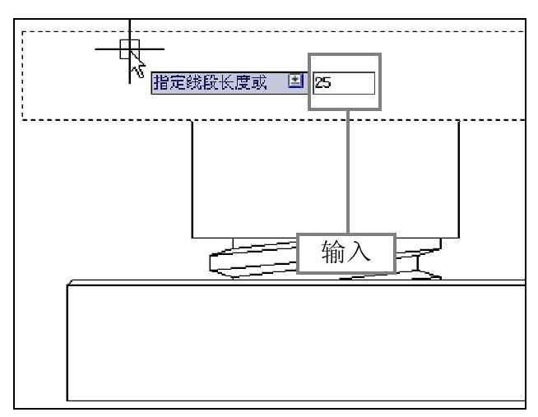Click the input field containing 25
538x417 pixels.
click(x=344, y=83)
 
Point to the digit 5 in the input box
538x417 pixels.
click(x=326, y=82)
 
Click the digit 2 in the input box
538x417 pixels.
click(x=318, y=82)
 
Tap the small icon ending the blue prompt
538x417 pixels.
click(x=295, y=81)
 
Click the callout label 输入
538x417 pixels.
click(x=346, y=253)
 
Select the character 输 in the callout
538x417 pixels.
click(x=333, y=252)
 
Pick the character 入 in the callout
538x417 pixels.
click(x=359, y=252)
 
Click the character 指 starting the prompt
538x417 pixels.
click(x=161, y=82)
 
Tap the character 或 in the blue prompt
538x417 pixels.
click(x=258, y=82)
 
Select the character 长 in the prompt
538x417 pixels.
click(x=226, y=82)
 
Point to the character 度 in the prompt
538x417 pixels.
click(x=243, y=82)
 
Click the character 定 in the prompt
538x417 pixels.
click(x=178, y=82)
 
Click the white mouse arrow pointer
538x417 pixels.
click(x=137, y=64)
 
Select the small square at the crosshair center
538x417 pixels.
click(x=130, y=49)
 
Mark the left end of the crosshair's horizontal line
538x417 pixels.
click(x=95, y=49)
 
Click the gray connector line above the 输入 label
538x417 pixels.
click(x=348, y=172)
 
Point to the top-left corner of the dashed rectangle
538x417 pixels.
click(x=22, y=31)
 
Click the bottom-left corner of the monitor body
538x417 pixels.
click(x=192, y=238)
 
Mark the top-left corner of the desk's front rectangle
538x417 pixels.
click(x=67, y=285)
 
